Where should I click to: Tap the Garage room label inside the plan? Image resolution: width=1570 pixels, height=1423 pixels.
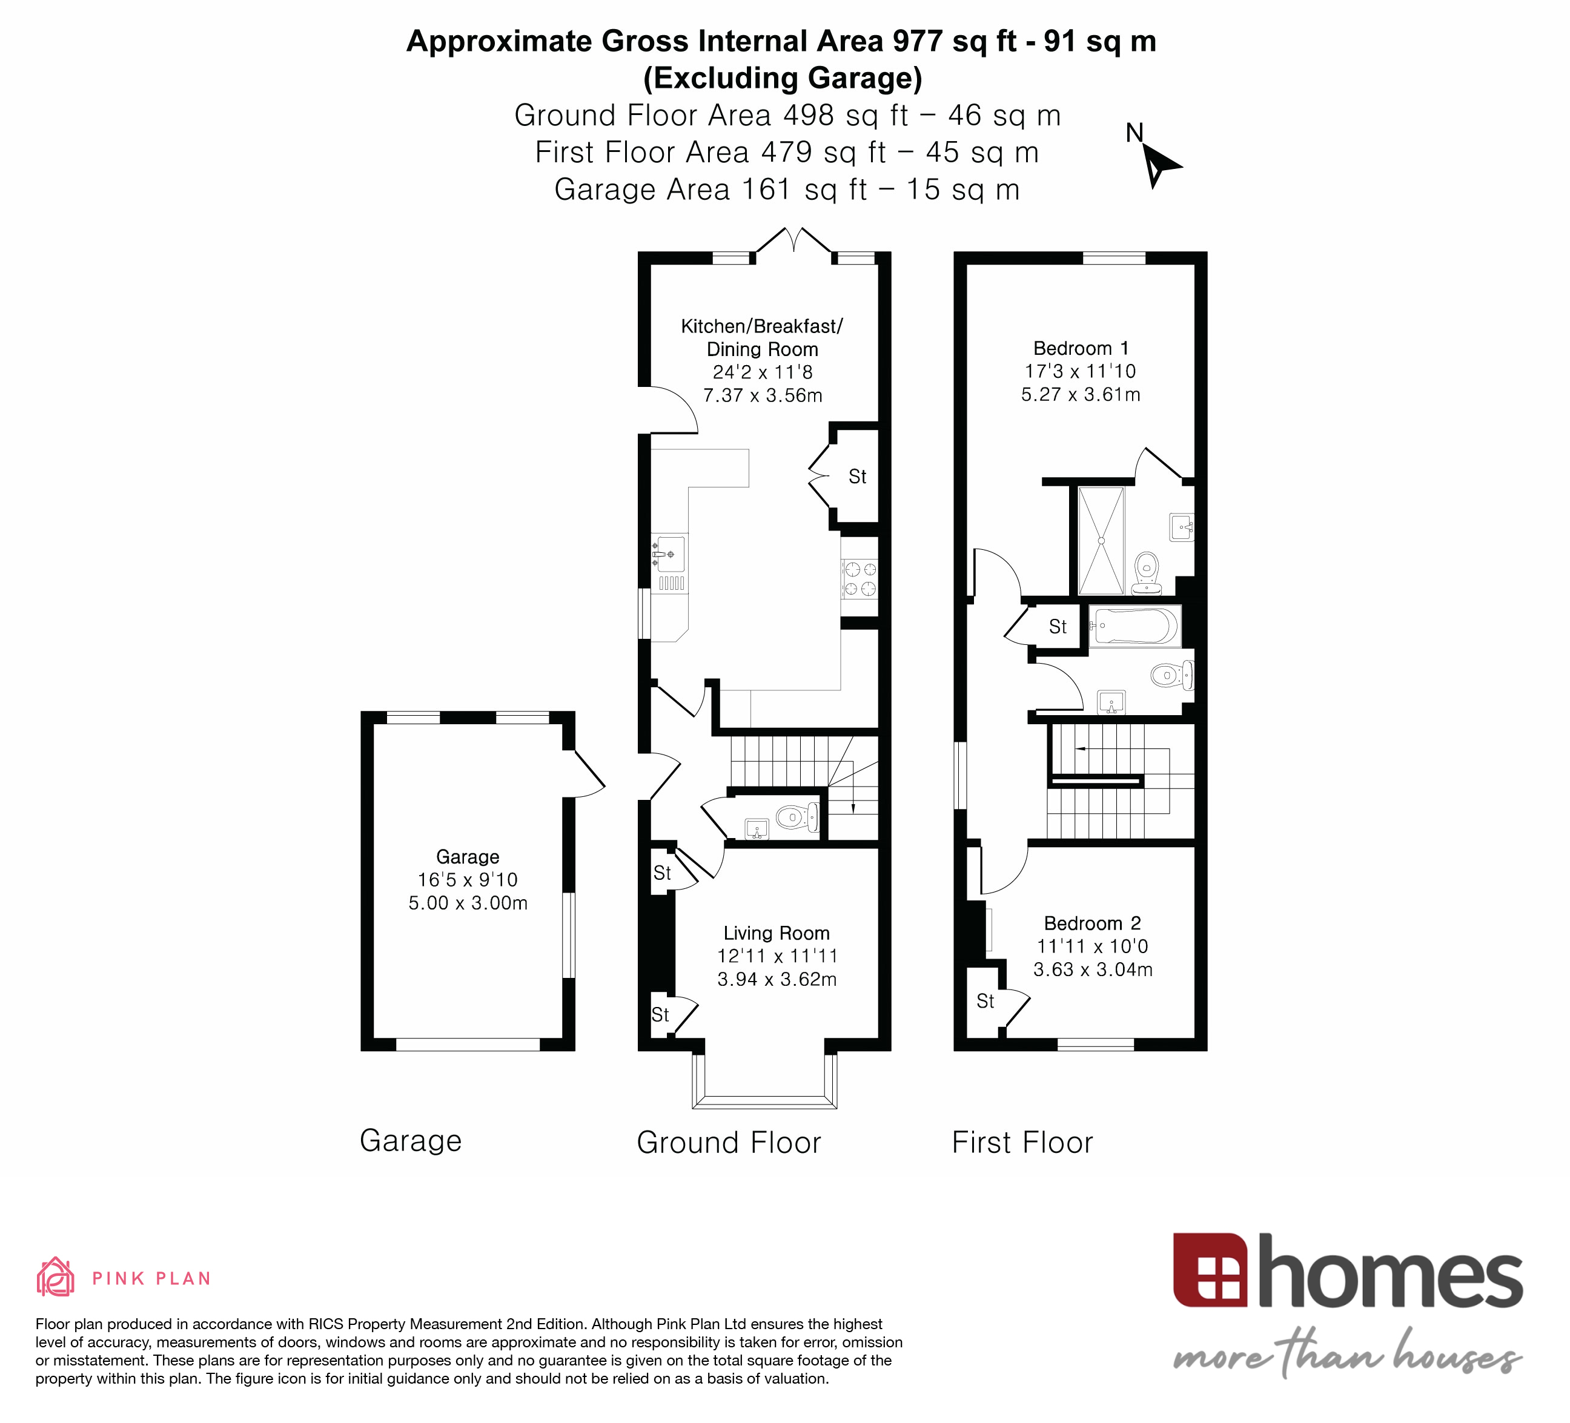pyautogui.click(x=467, y=857)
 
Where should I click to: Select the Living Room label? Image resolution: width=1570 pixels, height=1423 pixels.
pyautogui.click(x=777, y=933)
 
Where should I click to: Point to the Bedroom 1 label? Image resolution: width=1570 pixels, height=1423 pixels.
pyautogui.click(x=1080, y=348)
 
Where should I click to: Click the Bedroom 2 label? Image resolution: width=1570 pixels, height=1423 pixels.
pyautogui.click(x=1092, y=923)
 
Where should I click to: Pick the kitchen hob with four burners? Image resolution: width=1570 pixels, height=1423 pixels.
pyautogui.click(x=860, y=579)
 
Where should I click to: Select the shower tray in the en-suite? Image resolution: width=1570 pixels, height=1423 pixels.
pyautogui.click(x=1101, y=540)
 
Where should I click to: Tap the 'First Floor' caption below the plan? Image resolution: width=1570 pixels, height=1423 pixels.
pyautogui.click(x=1022, y=1143)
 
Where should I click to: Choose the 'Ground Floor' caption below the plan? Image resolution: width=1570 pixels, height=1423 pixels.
pyautogui.click(x=728, y=1143)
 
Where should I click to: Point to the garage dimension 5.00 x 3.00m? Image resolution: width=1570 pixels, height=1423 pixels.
pyautogui.click(x=467, y=903)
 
